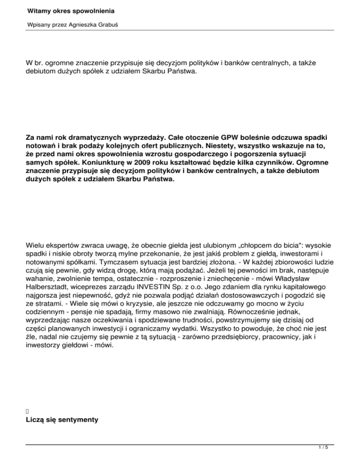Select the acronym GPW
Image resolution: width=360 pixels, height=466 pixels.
pyautogui.click(x=214, y=139)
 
